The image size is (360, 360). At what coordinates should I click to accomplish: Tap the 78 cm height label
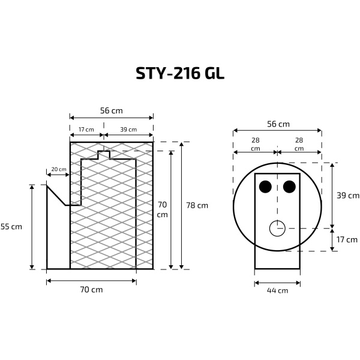[197, 205]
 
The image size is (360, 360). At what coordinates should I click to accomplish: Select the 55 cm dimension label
[11, 226]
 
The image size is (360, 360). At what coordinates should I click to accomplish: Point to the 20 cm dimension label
[59, 170]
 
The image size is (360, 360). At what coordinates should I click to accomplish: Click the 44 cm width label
[277, 290]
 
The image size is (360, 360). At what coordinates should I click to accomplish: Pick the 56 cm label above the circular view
[278, 124]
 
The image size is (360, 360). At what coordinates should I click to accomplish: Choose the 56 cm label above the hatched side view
[112, 110]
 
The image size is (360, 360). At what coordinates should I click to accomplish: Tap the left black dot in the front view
[265, 187]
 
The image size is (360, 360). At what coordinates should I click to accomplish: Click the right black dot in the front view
[289, 187]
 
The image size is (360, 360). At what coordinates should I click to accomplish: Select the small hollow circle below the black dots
[277, 228]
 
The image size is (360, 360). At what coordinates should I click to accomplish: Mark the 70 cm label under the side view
[91, 290]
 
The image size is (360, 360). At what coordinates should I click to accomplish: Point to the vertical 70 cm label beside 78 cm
[162, 205]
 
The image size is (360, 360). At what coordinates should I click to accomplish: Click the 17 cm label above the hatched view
[86, 130]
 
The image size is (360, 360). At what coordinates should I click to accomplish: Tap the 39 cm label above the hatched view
[128, 130]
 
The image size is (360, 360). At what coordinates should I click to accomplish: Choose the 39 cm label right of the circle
[348, 195]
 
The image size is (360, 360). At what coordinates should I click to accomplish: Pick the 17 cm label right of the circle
[348, 239]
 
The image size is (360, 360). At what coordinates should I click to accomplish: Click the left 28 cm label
[255, 143]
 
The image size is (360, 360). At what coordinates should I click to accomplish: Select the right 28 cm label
[299, 143]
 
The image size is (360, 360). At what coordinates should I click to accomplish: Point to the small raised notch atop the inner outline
[104, 154]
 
